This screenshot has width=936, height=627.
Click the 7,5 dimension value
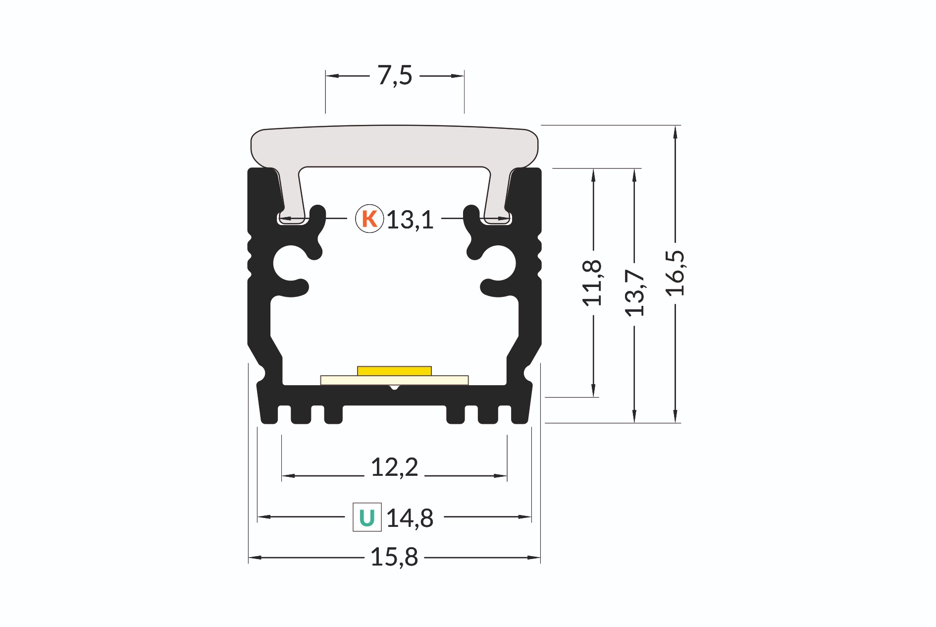(395, 76)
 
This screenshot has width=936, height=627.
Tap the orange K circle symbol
(369, 219)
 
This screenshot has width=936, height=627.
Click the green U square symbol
(367, 517)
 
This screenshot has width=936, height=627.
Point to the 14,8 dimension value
(410, 518)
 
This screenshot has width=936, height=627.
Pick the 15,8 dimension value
(394, 557)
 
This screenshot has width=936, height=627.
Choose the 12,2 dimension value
(394, 467)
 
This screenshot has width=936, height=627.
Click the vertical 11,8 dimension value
(592, 283)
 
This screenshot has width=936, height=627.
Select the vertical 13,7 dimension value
(634, 293)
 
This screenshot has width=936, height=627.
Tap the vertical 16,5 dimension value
(675, 273)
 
